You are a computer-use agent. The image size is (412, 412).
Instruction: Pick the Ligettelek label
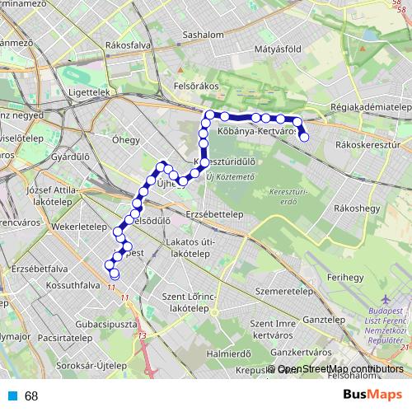pyautogui.click(x=91, y=93)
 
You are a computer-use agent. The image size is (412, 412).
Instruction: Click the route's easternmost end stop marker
pyautogui.click(x=304, y=137)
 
